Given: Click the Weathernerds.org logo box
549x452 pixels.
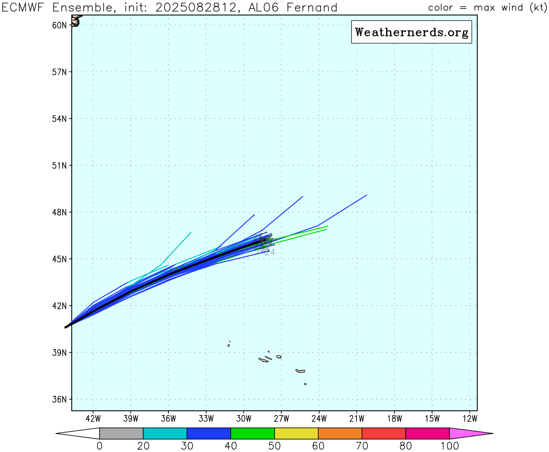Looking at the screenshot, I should tap(411, 32).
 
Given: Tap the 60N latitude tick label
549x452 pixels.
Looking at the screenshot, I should tap(59, 25).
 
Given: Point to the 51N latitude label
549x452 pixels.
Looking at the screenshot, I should tap(59, 166).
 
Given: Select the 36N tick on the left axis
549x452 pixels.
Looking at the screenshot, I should tap(59, 400).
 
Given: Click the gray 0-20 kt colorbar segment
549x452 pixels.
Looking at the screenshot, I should tap(121, 434).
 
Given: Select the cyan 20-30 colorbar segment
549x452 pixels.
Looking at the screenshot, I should tap(165, 434).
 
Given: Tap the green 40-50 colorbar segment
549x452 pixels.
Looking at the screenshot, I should tap(253, 434).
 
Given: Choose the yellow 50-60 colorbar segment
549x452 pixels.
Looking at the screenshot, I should tap(296, 434).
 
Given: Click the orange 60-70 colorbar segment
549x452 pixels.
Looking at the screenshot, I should tap(340, 434).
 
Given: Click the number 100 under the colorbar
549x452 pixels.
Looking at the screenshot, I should tap(449, 446).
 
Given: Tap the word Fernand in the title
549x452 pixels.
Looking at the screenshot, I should tap(312, 8).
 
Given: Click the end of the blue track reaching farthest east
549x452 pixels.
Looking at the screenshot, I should tap(367, 195).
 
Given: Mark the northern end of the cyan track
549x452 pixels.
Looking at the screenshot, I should tap(191, 232).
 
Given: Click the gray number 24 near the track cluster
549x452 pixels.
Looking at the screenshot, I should tap(270, 252).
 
